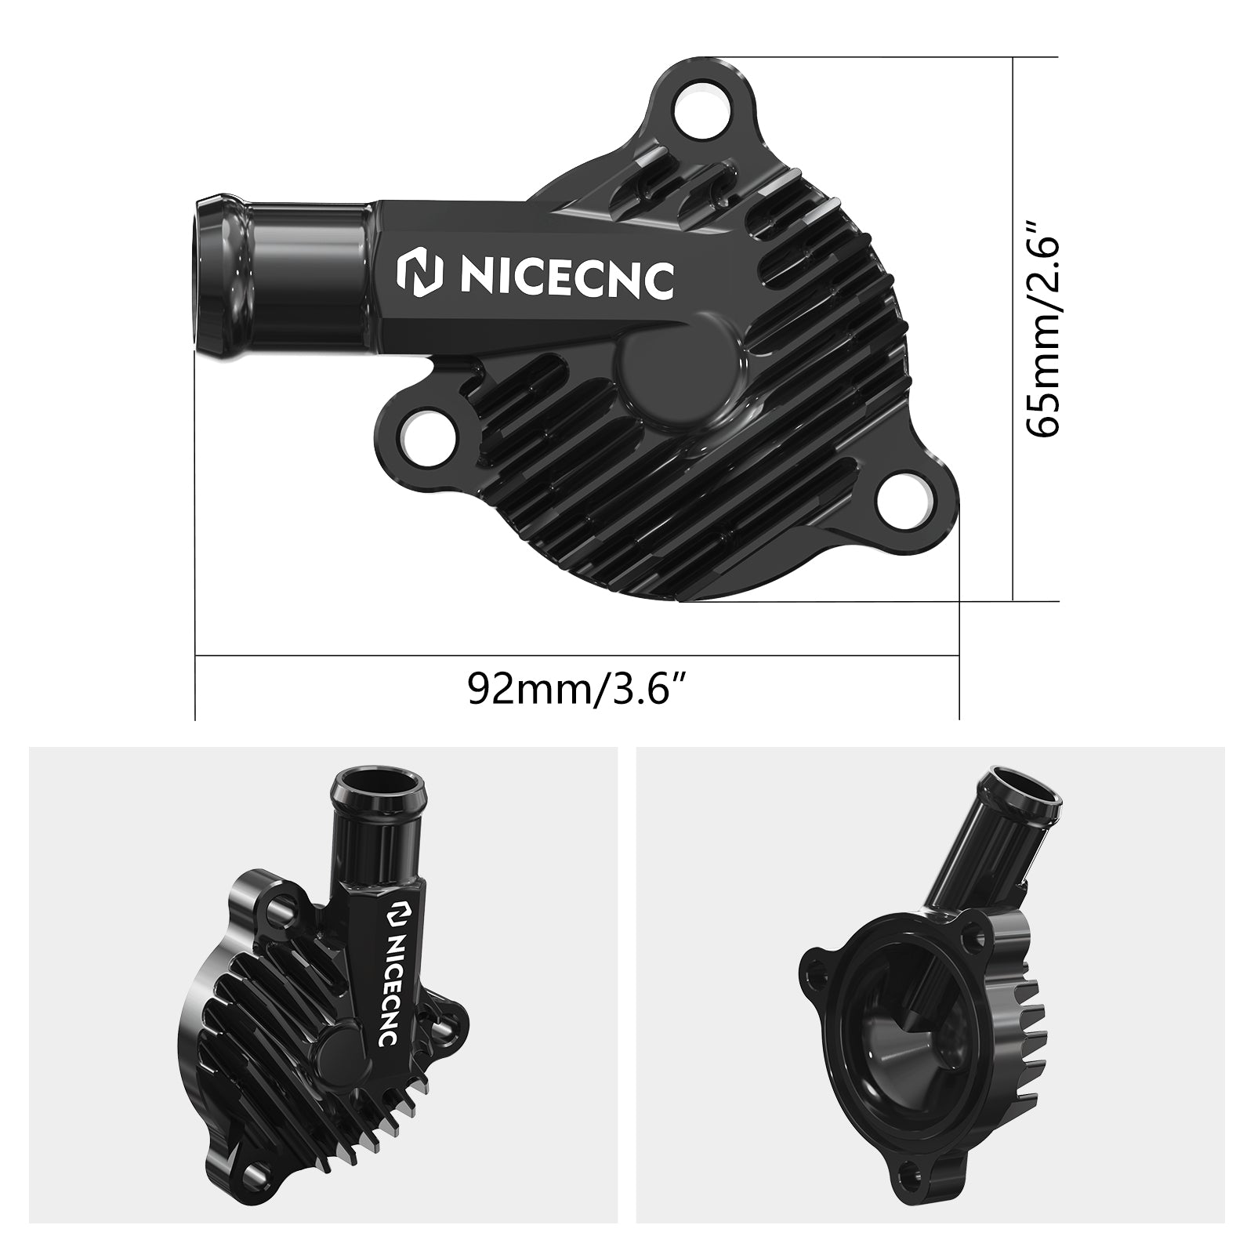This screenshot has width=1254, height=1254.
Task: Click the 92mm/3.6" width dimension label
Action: pyautogui.click(x=578, y=687)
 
